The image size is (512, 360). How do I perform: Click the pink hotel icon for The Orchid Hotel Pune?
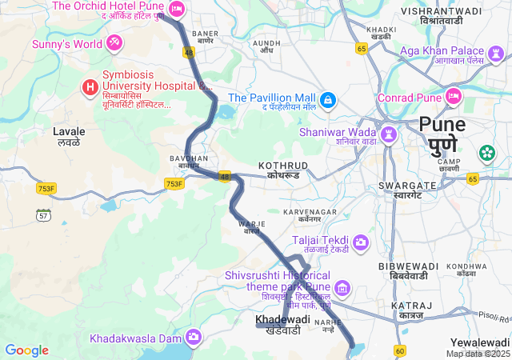177,9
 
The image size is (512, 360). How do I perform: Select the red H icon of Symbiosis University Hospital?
90,86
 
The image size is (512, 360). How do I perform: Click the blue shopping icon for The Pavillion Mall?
329,98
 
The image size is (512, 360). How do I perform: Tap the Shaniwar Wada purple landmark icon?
389,133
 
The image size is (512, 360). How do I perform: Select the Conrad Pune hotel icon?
454,98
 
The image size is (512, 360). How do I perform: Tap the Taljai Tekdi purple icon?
361,242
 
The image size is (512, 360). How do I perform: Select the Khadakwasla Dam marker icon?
193,337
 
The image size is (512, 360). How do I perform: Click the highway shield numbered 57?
43,214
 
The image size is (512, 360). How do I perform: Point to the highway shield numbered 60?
400,350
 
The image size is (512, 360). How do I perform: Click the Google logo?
26,350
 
